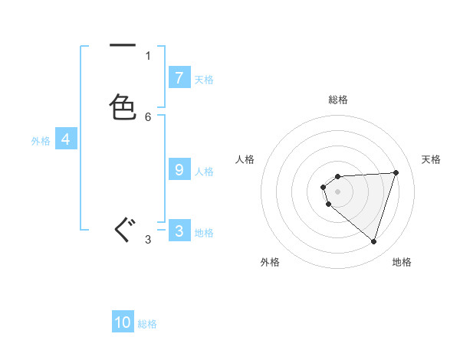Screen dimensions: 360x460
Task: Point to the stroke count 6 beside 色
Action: pyautogui.click(x=148, y=116)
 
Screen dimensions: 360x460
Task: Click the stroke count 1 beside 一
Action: pyautogui.click(x=148, y=55)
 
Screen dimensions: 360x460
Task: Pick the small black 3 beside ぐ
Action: pyautogui.click(x=148, y=240)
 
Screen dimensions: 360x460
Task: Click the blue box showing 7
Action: pyautogui.click(x=179, y=77)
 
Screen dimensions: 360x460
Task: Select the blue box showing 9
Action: pyautogui.click(x=179, y=170)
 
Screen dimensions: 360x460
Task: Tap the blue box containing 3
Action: pyautogui.click(x=179, y=231)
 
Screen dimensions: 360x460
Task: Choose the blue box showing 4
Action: pyautogui.click(x=66, y=139)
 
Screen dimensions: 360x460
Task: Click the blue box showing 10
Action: pyautogui.click(x=123, y=322)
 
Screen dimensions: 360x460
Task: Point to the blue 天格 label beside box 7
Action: pyautogui.click(x=204, y=79)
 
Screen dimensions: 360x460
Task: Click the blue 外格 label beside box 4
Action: pyautogui.click(x=41, y=141)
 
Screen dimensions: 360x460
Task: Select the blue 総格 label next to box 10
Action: pyautogui.click(x=147, y=324)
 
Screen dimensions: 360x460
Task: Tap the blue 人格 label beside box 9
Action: pyautogui.click(x=204, y=172)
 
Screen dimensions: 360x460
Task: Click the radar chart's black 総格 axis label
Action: pyautogui.click(x=337, y=100)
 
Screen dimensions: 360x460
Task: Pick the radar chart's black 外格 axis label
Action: pyautogui.click(x=270, y=262)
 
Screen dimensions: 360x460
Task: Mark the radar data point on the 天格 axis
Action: pyautogui.click(x=396, y=172)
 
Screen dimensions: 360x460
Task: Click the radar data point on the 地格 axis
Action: pyautogui.click(x=373, y=241)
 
